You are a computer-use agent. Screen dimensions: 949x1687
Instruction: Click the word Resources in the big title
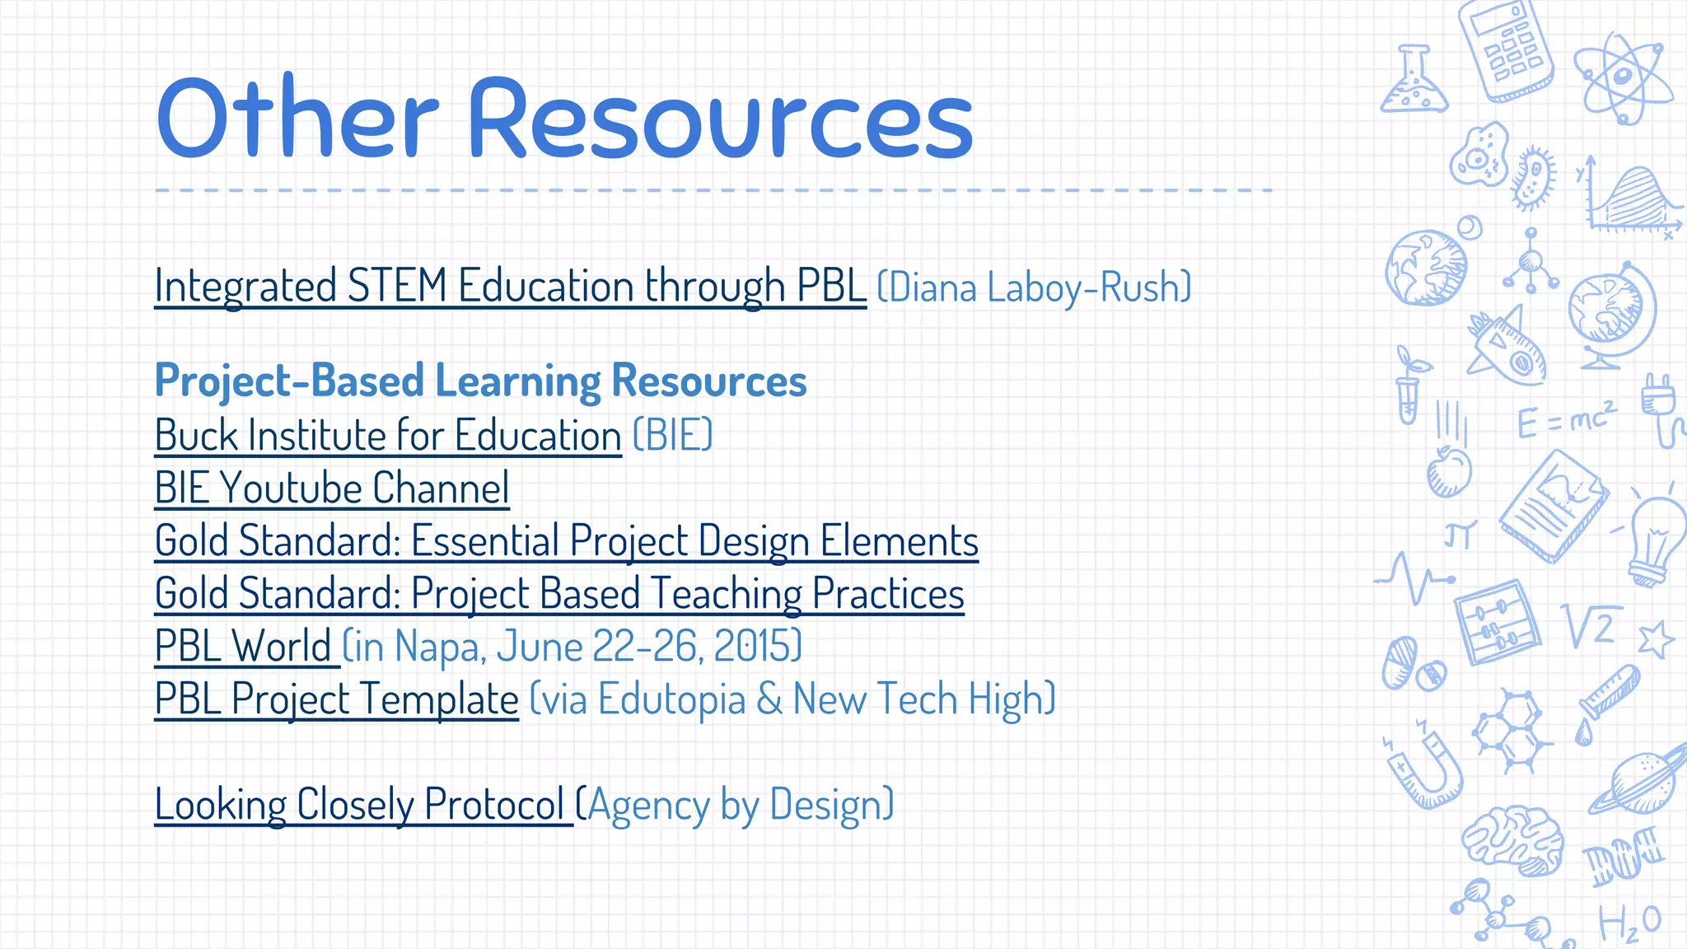click(x=721, y=119)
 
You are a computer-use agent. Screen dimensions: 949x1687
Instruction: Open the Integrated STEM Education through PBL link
click(x=510, y=286)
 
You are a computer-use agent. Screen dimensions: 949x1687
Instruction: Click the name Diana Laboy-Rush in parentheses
click(x=1034, y=288)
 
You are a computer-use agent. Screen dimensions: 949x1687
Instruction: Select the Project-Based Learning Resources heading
click(x=480, y=381)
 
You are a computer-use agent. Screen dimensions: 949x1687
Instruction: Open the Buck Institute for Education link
click(x=388, y=435)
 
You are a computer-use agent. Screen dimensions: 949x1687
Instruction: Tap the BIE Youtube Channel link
click(x=332, y=488)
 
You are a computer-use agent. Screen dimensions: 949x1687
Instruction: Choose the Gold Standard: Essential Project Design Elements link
click(x=566, y=540)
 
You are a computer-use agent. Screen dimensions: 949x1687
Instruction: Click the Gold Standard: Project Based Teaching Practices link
click(x=559, y=593)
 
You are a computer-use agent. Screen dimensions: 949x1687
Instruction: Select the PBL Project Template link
click(x=336, y=699)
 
